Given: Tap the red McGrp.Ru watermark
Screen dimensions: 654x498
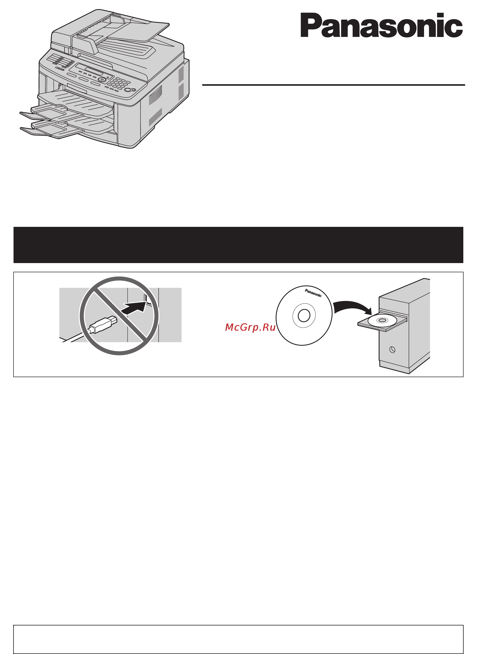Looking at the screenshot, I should click(x=250, y=327).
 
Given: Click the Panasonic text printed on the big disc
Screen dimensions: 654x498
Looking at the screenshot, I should click(x=313, y=293).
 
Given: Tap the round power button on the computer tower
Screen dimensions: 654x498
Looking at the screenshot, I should click(x=392, y=350).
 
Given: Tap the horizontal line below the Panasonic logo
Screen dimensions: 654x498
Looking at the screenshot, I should click(x=333, y=85).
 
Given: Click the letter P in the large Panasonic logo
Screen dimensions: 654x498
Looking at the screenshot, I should click(x=310, y=25).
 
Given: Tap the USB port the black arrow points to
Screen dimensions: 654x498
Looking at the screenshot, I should click(x=146, y=298).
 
